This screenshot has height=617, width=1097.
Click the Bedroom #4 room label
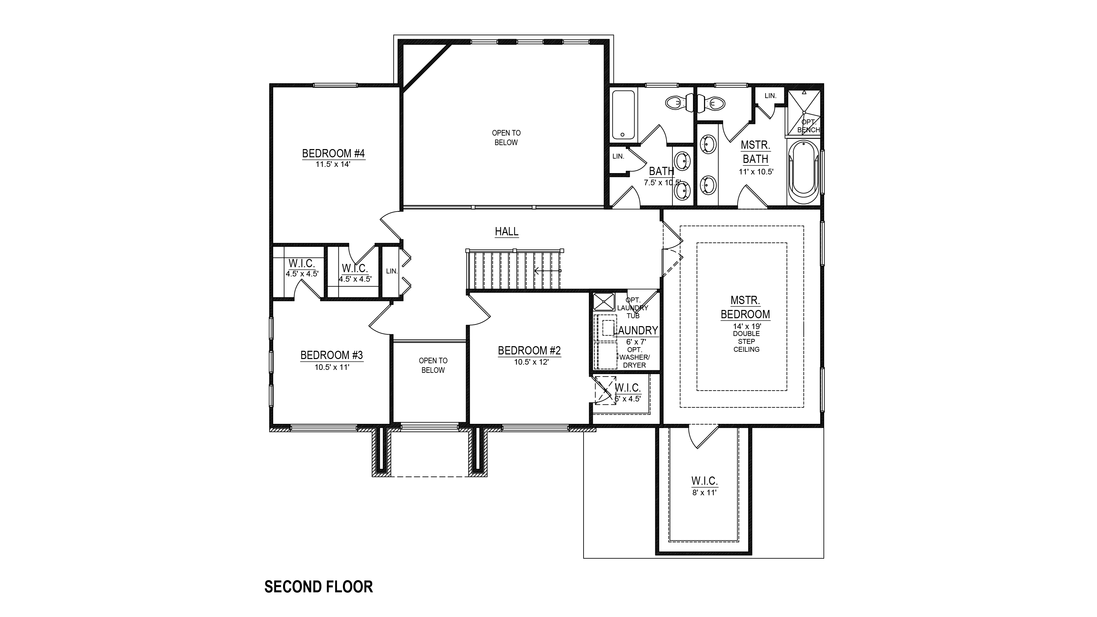pyautogui.click(x=333, y=153)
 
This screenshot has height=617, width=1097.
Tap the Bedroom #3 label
pyautogui.click(x=331, y=355)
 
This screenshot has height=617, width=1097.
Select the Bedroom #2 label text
pyautogui.click(x=529, y=350)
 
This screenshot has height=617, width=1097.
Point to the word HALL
pyautogui.click(x=506, y=231)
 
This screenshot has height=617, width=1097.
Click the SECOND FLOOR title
pyautogui.click(x=319, y=587)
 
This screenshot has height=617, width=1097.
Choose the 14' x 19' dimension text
pyautogui.click(x=746, y=326)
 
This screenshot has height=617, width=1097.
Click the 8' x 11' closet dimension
pyautogui.click(x=704, y=493)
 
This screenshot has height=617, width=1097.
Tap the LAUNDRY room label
pyautogui.click(x=635, y=330)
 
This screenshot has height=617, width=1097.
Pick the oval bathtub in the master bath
pyautogui.click(x=803, y=173)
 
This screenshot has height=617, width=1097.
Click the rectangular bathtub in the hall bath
pyautogui.click(x=623, y=116)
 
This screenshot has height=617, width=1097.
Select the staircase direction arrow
pyautogui.click(x=548, y=270)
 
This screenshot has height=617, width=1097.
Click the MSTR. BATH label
pyautogui.click(x=755, y=152)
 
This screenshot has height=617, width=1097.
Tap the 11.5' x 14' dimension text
pyautogui.click(x=333, y=164)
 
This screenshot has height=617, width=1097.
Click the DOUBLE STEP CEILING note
pyautogui.click(x=746, y=342)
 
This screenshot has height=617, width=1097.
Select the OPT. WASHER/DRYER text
pyautogui.click(x=635, y=358)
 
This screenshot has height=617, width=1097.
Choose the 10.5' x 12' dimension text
pyautogui.click(x=531, y=362)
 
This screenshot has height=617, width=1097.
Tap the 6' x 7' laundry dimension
pyautogui.click(x=636, y=342)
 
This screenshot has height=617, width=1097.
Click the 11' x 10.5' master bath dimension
pyautogui.click(x=756, y=172)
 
